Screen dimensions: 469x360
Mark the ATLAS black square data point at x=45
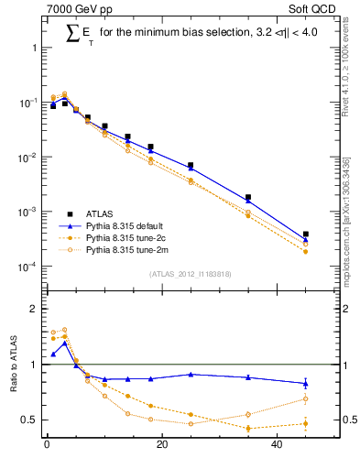point(306,234)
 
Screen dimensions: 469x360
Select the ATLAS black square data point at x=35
point(248,197)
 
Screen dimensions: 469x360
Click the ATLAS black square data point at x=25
point(191,166)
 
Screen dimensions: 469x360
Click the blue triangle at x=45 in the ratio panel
point(306,383)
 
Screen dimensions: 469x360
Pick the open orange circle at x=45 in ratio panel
point(306,398)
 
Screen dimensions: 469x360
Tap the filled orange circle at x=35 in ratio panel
point(248,428)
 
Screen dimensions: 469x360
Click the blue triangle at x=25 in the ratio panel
point(191,374)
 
